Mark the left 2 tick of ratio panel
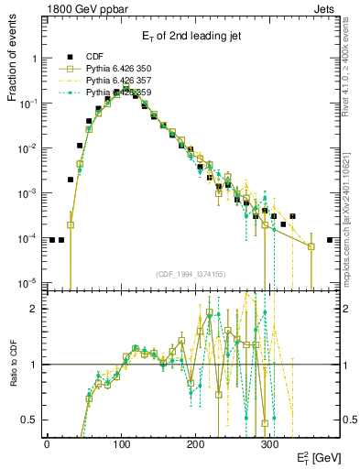point(33,309)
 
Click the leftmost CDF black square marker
point(52,240)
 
